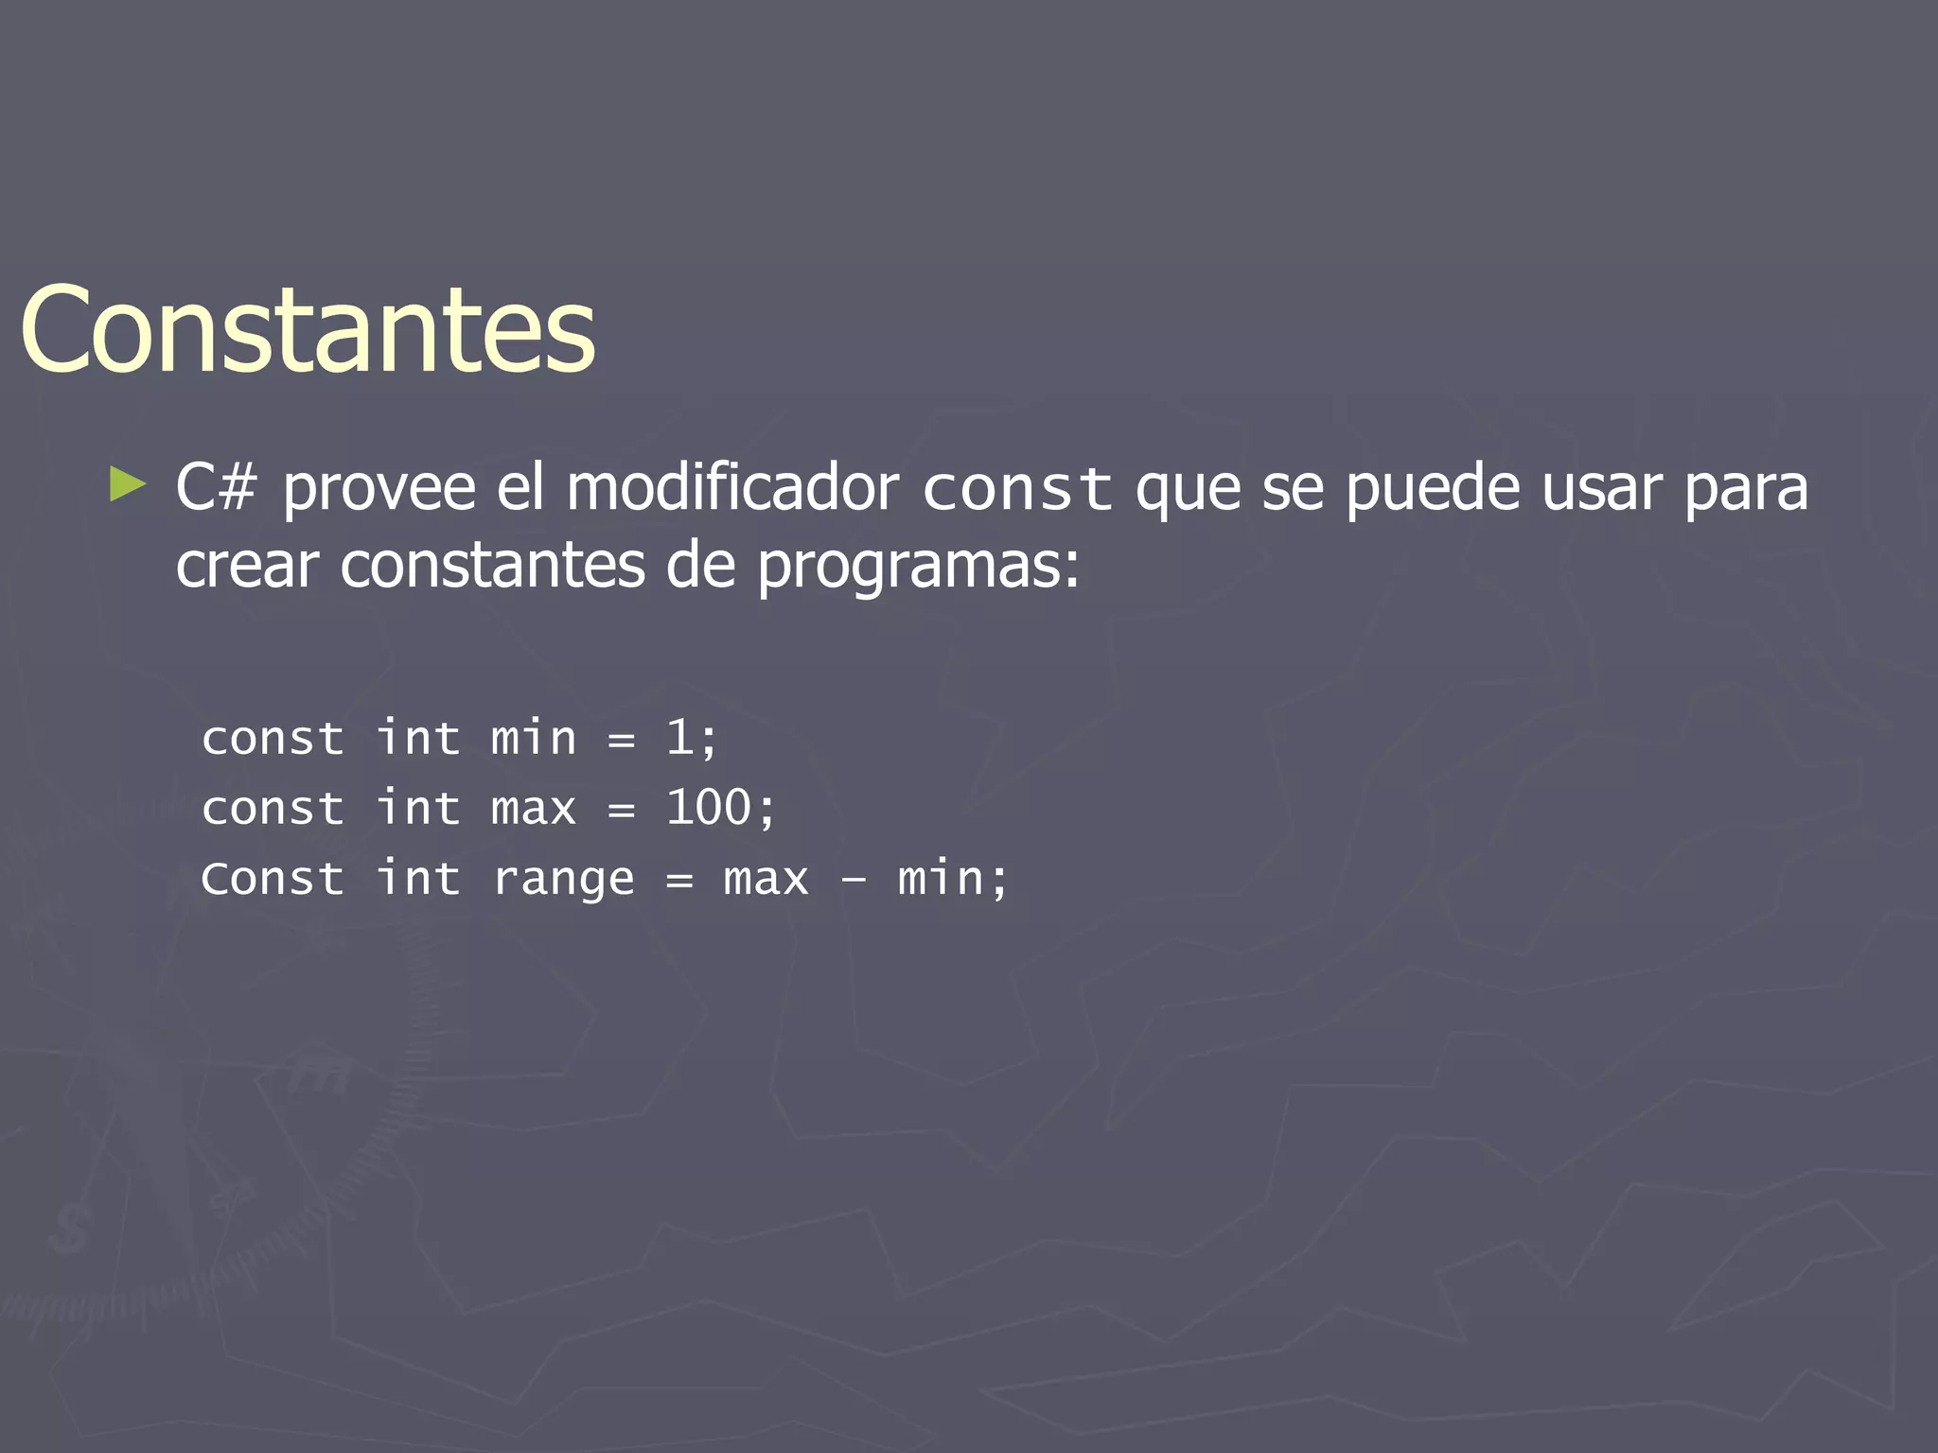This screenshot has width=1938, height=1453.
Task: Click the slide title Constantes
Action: click(308, 329)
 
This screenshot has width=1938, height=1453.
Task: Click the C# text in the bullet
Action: click(216, 488)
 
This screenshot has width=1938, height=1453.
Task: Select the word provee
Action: click(379, 490)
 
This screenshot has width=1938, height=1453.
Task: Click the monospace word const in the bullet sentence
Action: click(1017, 490)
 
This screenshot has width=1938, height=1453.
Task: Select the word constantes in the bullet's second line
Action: click(492, 566)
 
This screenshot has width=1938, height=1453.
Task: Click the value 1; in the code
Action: click(692, 738)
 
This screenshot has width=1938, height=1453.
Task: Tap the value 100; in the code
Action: click(720, 808)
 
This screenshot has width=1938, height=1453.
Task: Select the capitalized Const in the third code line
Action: click(273, 879)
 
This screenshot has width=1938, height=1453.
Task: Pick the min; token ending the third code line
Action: click(952, 879)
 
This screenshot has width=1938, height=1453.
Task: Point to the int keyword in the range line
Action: click(418, 879)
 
